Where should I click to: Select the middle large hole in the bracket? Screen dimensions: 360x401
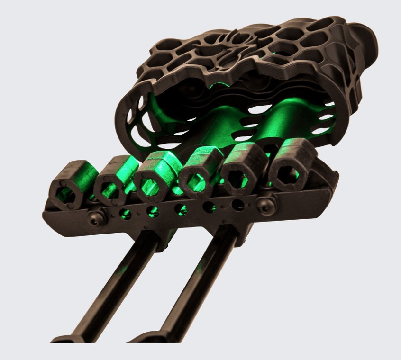click(180, 209)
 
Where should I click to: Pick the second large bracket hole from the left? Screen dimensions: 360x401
click(153, 211)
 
